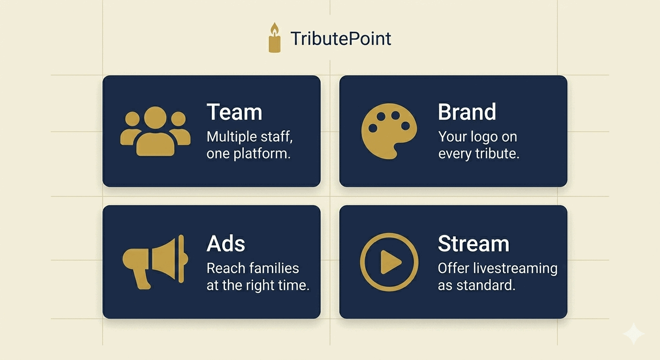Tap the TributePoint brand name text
point(341,38)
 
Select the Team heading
point(234,112)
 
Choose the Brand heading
point(467,112)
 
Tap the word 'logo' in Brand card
point(485,137)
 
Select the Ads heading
point(226,244)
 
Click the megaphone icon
point(155,261)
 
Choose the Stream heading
point(473,244)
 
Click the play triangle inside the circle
point(390,262)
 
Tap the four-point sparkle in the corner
point(633,334)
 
